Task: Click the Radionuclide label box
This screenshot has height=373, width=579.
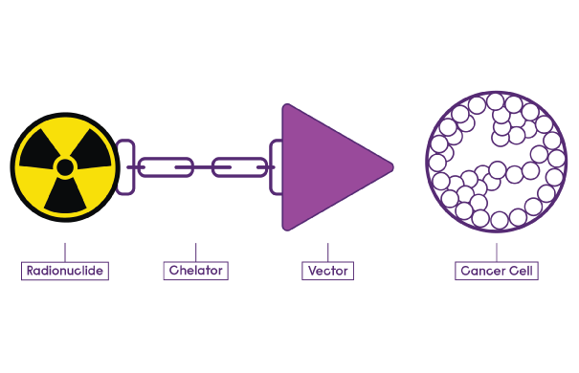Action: point(64,272)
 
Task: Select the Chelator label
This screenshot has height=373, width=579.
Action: point(195,272)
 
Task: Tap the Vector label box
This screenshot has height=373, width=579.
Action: point(326,272)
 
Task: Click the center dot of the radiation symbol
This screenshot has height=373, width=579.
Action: point(64,167)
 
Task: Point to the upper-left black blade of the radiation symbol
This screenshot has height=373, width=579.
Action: point(40,154)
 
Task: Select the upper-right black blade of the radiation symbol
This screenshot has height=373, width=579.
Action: point(88,154)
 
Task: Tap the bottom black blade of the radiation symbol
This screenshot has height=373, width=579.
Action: point(64,196)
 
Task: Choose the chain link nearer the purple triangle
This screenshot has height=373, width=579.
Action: point(236,167)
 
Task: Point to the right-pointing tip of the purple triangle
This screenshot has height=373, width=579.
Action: point(390,167)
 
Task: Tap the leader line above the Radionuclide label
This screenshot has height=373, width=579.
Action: point(64,251)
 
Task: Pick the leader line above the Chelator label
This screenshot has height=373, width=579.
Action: point(195,251)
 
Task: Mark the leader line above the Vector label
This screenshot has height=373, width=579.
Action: point(326,251)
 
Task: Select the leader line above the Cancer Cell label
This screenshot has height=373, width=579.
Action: point(496,251)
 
